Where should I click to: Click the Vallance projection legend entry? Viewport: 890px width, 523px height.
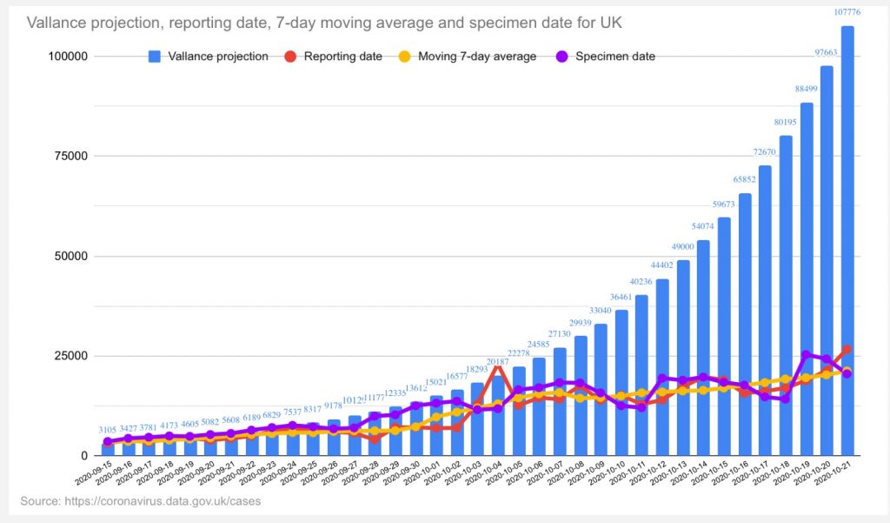click(209, 57)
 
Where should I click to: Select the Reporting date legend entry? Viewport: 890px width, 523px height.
click(334, 57)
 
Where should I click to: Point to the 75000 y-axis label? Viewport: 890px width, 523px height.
click(70, 157)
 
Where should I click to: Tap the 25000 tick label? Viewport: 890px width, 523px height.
click(70, 356)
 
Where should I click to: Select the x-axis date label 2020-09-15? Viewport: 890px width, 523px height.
click(91, 479)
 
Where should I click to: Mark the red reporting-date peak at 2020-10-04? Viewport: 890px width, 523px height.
click(498, 368)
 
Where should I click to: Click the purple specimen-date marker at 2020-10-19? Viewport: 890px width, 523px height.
click(806, 355)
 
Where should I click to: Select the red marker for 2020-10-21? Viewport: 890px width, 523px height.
click(847, 350)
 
